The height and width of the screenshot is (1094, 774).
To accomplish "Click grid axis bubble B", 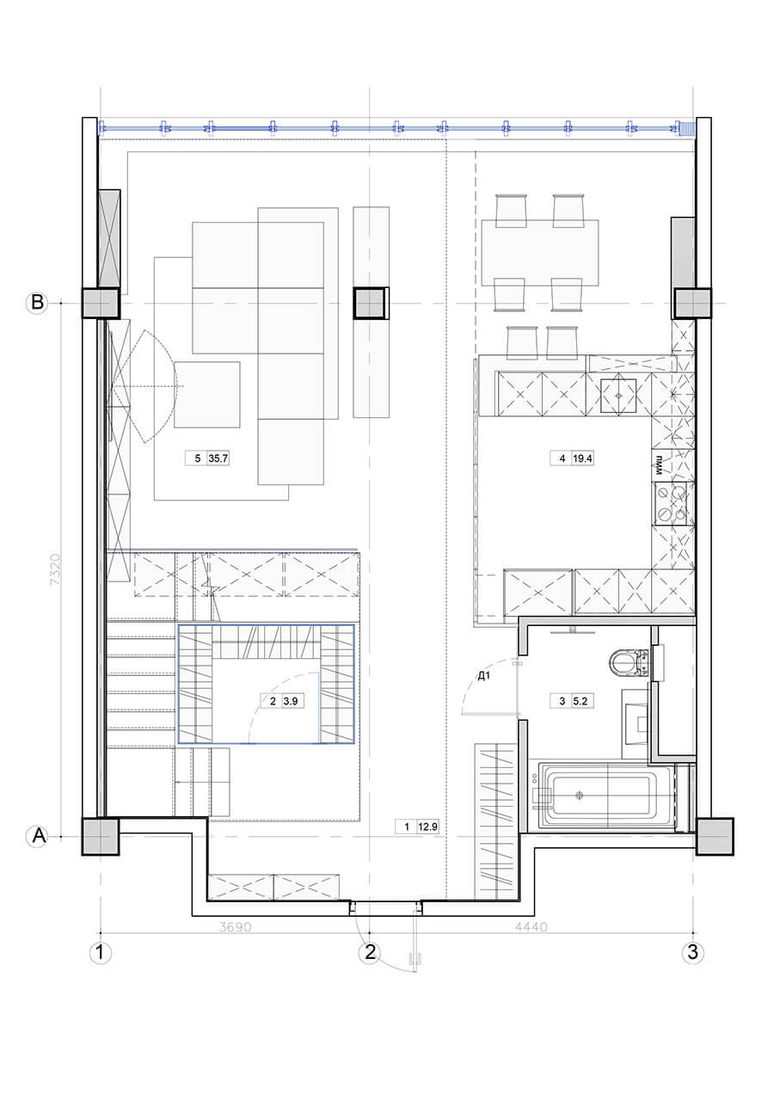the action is [37, 303].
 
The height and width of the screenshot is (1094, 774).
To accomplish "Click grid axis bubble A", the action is [37, 837].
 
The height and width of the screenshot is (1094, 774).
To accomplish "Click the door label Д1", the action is [483, 676].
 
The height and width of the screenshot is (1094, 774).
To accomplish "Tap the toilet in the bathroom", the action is [630, 661].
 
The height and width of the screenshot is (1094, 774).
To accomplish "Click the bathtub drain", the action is [579, 795].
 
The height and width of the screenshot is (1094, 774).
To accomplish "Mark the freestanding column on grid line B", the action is [371, 304].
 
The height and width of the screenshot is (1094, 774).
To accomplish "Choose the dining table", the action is [540, 253].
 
